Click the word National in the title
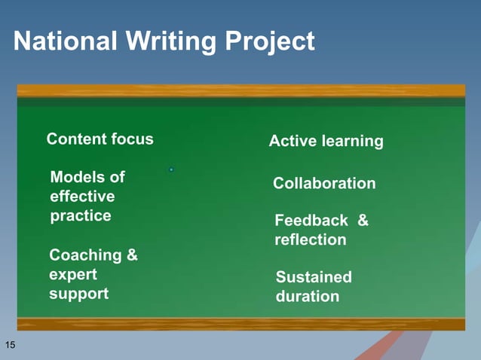64,41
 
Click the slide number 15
11,345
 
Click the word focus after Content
132,139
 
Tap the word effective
82,197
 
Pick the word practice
81,216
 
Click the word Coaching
85,255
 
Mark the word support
78,294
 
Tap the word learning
354,142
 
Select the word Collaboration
324,184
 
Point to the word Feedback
311,221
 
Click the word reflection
311,240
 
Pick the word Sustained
314,277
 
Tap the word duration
308,297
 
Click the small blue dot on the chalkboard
171,170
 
